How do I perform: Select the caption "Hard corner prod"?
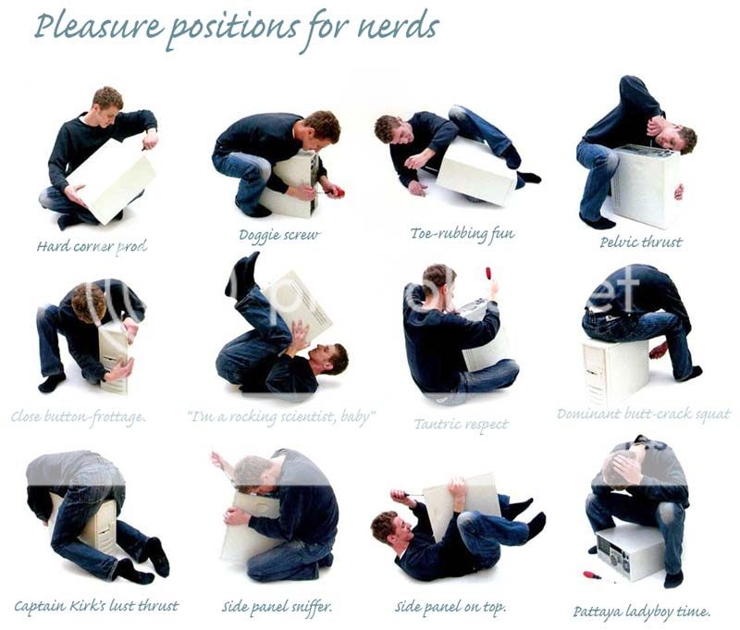[x=92, y=246]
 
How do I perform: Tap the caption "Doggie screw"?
[x=278, y=235]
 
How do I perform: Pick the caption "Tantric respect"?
[x=462, y=425]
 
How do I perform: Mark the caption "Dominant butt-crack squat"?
[x=643, y=414]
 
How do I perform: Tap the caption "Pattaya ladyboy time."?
[x=642, y=611]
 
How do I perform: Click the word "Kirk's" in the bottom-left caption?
[x=102, y=607]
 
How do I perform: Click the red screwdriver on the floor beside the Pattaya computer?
[x=590, y=574]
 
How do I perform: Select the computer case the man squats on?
[x=615, y=369]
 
